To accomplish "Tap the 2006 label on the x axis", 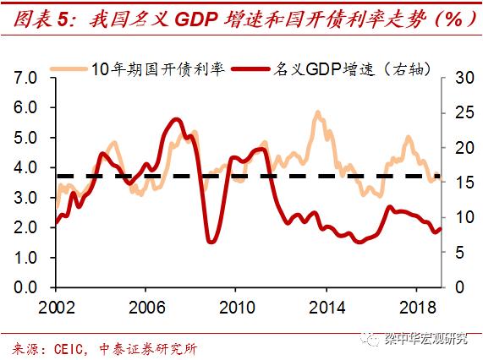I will pyautogui.click(x=147, y=306).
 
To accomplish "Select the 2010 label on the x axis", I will pyautogui.click(x=238, y=306).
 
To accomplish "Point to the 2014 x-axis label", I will pyautogui.click(x=329, y=306).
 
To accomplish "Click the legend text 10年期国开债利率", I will pyautogui.click(x=157, y=68).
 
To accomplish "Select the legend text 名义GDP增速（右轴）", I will pyautogui.click(x=346, y=68).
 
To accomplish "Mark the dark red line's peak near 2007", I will pyautogui.click(x=176, y=119).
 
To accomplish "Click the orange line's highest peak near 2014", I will pyautogui.click(x=318, y=112).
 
